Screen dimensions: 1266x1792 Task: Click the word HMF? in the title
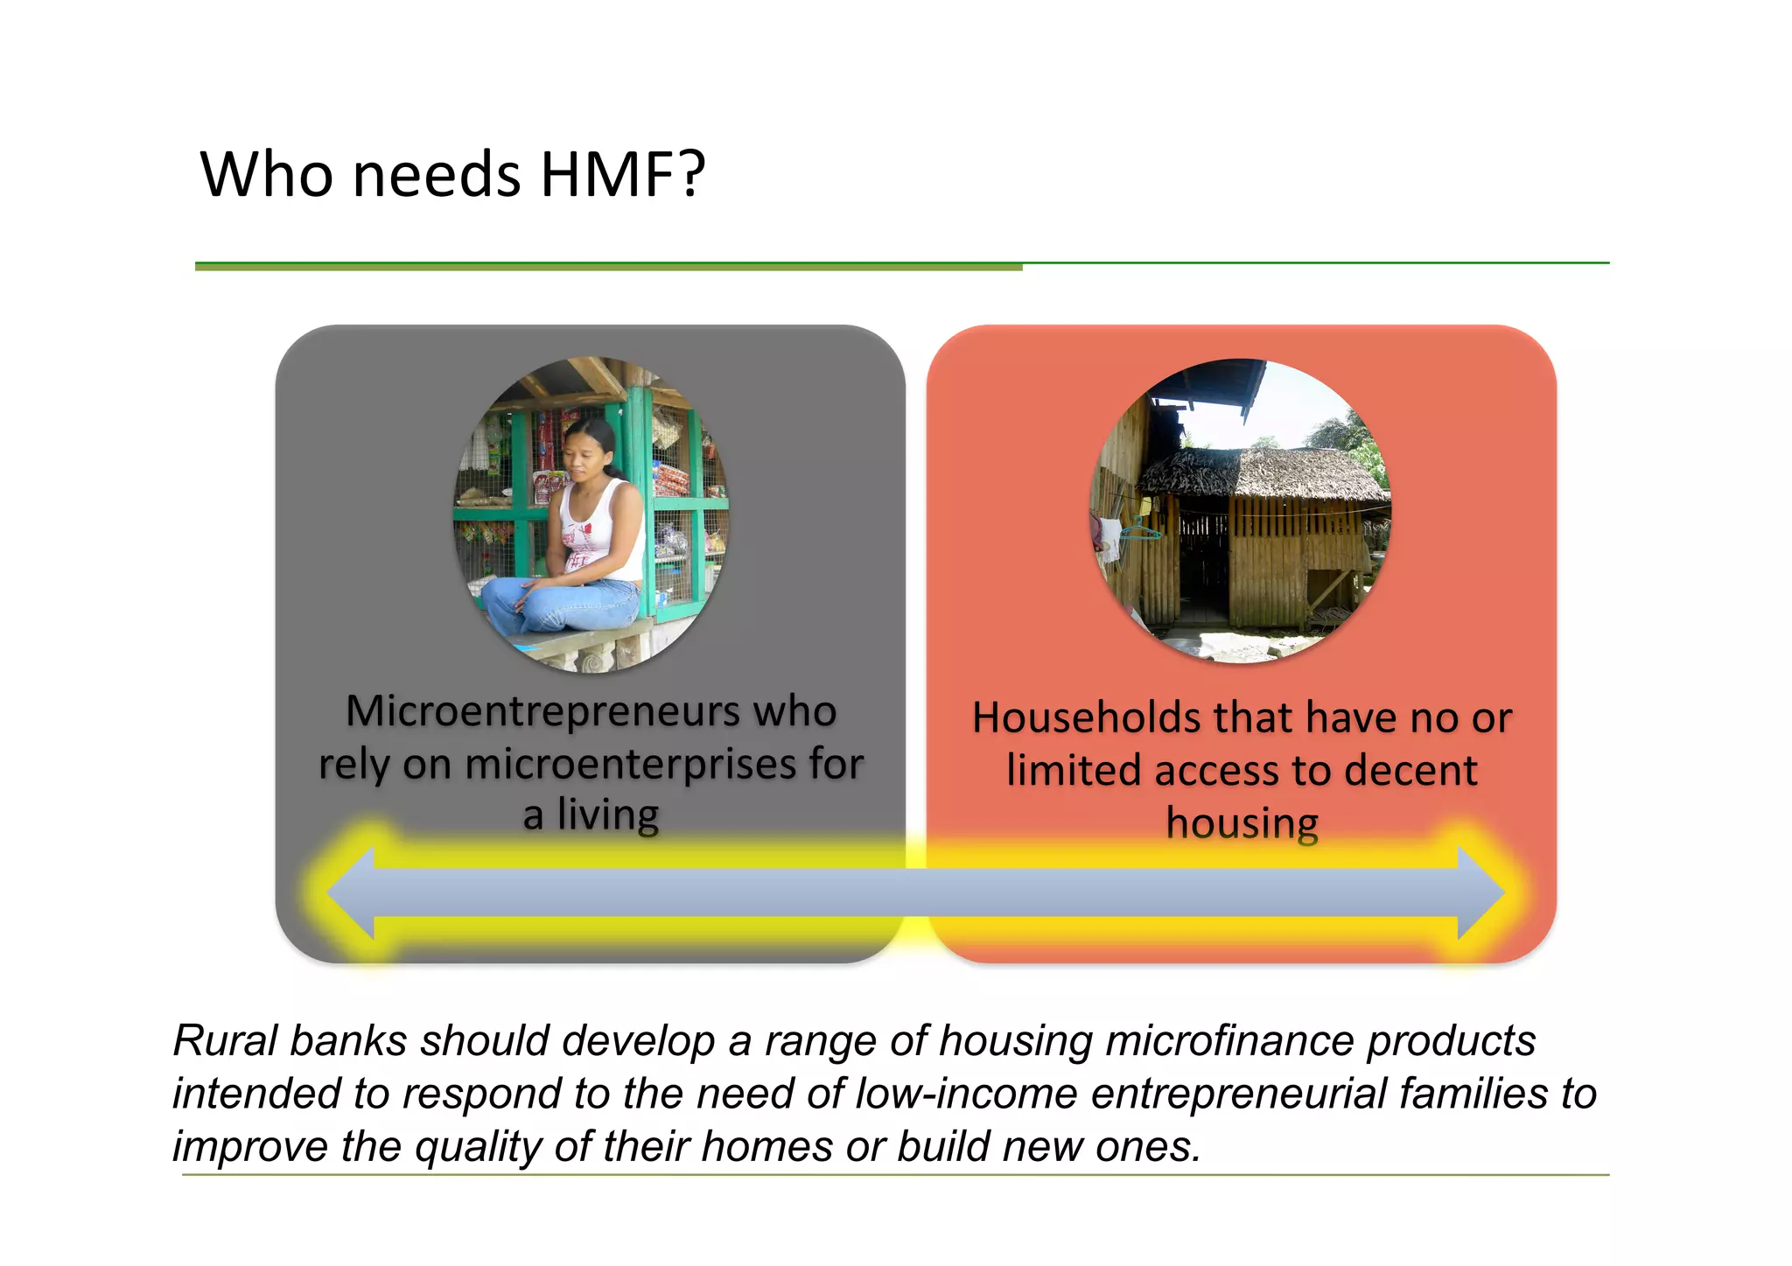(622, 174)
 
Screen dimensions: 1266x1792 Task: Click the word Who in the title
(266, 174)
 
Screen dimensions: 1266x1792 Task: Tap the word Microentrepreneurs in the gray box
(542, 710)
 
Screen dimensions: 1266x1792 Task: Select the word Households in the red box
(1085, 717)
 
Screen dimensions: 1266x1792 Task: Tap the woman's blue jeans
(560, 604)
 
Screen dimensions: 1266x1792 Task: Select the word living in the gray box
(607, 815)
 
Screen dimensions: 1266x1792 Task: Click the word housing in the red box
(1242, 823)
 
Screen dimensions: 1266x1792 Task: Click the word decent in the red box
(1410, 771)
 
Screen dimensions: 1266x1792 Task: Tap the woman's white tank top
(604, 525)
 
